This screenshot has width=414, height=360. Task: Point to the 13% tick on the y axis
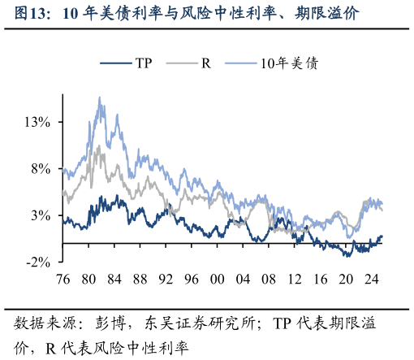coord(38,122)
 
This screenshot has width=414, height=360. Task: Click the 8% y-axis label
coord(41,169)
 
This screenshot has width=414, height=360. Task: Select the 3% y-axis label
coord(41,215)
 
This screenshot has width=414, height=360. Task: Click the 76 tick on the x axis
coord(63,280)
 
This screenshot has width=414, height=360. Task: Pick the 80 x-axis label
coord(88,280)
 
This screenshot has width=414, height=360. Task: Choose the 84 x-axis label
coord(114,280)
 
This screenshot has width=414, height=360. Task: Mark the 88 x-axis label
coord(140,280)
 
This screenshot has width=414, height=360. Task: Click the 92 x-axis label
coord(166,280)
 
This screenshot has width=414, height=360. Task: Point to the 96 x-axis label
coord(192,280)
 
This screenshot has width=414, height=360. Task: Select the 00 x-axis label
coord(217,280)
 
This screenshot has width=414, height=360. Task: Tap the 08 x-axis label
coord(269,280)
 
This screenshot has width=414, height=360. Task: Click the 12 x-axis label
coord(295,280)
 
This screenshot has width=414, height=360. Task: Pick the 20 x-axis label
coord(346,280)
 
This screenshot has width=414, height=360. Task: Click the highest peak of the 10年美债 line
coord(100,98)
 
